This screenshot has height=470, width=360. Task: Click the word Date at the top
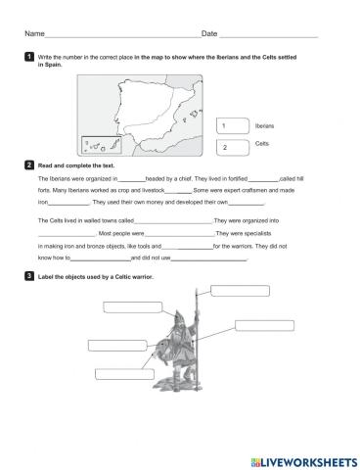(x=208, y=33)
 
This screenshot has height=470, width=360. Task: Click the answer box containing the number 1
(x=231, y=126)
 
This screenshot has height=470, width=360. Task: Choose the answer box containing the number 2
(x=231, y=147)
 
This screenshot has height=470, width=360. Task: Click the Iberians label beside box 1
(x=264, y=126)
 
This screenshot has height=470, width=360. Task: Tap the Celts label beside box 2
(x=261, y=143)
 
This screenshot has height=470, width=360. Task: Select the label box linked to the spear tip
(x=239, y=290)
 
